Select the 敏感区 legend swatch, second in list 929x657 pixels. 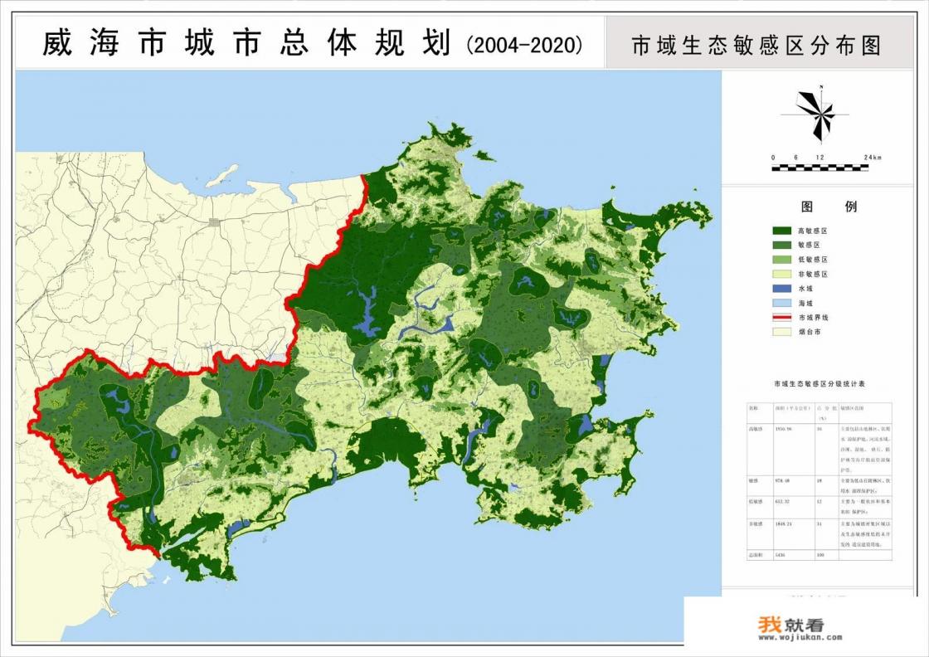[x=782, y=245]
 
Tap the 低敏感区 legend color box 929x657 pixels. [x=782, y=259]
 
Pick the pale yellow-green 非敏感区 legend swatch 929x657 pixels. [x=782, y=273]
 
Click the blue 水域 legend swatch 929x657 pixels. [x=782, y=288]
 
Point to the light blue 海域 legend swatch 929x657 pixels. [x=782, y=302]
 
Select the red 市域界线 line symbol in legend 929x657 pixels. [x=782, y=317]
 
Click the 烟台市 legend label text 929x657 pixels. [x=810, y=331]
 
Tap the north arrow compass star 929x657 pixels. [x=815, y=113]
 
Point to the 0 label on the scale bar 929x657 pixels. [x=773, y=158]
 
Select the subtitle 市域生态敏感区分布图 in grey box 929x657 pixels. [x=756, y=44]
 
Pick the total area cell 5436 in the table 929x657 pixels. [x=779, y=554]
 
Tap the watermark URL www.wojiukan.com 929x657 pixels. [x=789, y=638]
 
